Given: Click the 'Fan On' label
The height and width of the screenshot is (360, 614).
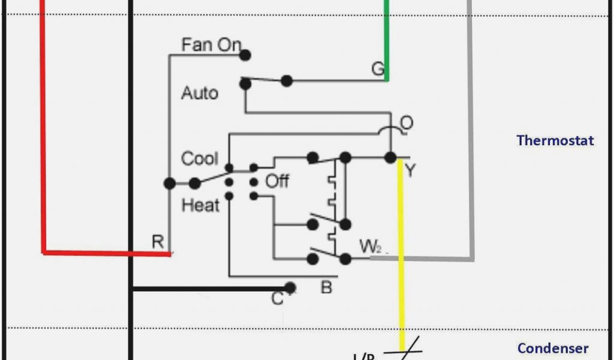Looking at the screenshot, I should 211,45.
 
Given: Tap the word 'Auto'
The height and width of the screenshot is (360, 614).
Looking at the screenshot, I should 200,94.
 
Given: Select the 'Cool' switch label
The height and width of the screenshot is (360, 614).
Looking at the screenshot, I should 200,159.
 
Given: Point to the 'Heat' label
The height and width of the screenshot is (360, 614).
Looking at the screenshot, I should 200,206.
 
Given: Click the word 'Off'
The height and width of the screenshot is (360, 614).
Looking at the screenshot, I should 277,181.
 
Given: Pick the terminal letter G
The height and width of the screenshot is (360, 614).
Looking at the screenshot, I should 377,70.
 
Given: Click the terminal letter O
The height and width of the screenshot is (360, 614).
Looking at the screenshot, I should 406,123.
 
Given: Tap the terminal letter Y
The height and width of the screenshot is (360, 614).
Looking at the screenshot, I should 410,172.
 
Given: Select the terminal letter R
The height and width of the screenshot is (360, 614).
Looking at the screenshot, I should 157,242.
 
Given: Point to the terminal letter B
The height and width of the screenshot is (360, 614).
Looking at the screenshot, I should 326,288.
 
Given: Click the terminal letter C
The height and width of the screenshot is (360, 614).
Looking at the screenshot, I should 277,298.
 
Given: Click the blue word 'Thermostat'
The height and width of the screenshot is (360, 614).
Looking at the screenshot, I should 555,140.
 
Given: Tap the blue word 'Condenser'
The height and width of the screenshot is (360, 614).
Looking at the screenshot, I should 553,348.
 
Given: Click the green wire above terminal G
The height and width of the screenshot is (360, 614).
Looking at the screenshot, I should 387,36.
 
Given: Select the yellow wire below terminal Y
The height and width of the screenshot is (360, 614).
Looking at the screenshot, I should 401,252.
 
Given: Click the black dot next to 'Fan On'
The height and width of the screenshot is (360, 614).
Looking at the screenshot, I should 245,55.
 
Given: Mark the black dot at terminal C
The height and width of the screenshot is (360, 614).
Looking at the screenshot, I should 290,287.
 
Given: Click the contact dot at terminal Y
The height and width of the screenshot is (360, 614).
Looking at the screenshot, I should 390,158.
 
